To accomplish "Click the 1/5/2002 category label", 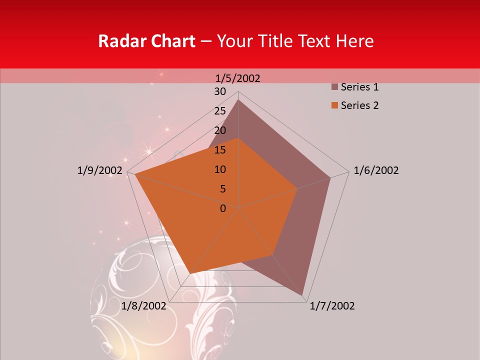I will tap(238, 78).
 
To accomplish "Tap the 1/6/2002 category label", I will tap(376, 170).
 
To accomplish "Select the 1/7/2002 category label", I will tap(332, 306).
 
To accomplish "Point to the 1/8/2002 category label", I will tap(143, 306).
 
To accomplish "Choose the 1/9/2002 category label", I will tap(99, 170).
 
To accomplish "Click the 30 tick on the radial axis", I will tap(220, 91).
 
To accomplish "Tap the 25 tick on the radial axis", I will tap(220, 111).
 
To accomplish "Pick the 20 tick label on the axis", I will tap(220, 130).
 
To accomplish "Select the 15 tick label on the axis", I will tap(220, 150).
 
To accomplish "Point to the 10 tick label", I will tap(220, 169).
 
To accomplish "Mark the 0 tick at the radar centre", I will tap(223, 208).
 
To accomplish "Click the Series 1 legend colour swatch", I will tap(335, 87).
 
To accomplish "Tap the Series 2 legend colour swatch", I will tap(335, 105).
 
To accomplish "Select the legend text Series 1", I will tap(359, 87).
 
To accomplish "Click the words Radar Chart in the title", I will tap(146, 41).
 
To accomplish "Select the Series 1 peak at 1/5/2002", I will tap(238, 100).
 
